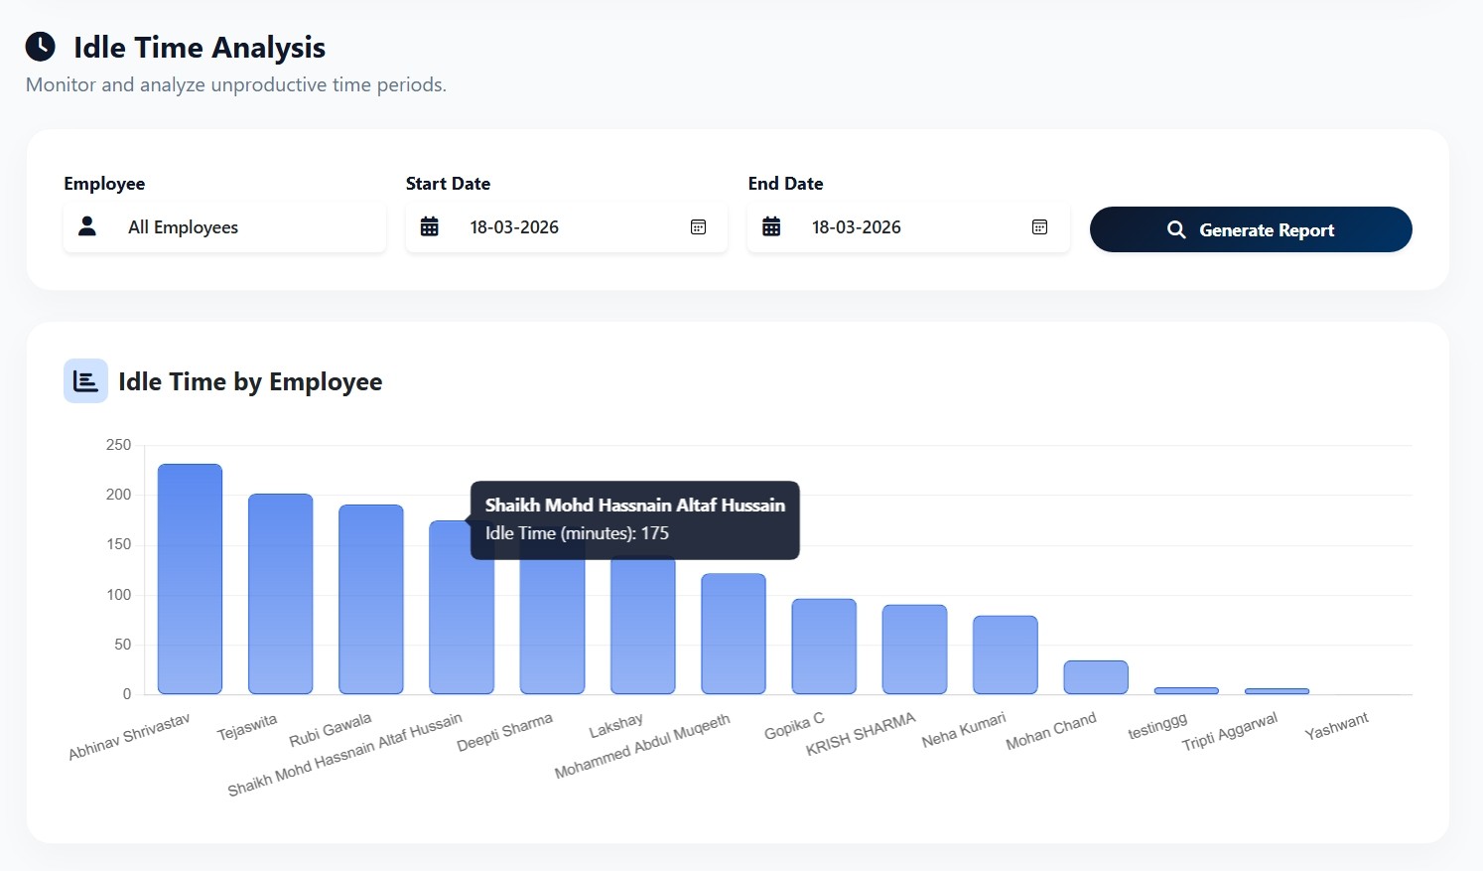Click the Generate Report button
pyautogui.click(x=1250, y=229)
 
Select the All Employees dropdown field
pyautogui.click(x=224, y=227)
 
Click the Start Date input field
pyautogui.click(x=566, y=227)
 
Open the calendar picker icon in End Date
pyautogui.click(x=1039, y=227)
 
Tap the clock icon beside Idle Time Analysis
pyautogui.click(x=41, y=47)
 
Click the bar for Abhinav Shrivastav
pyautogui.click(x=190, y=579)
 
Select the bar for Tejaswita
pyautogui.click(x=280, y=594)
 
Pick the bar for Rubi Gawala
pyautogui.click(x=370, y=599)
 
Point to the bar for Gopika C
pyautogui.click(x=824, y=646)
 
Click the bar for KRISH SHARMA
pyautogui.click(x=914, y=649)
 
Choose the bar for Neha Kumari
pyautogui.click(x=1005, y=654)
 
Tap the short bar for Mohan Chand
pyautogui.click(x=1096, y=677)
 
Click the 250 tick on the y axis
pyautogui.click(x=119, y=445)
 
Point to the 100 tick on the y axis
pyautogui.click(x=119, y=595)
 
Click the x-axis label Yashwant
pyautogui.click(x=1336, y=726)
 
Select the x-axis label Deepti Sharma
pyautogui.click(x=504, y=732)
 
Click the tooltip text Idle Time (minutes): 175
pyautogui.click(x=577, y=533)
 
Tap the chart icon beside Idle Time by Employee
pyautogui.click(x=85, y=381)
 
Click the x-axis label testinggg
pyautogui.click(x=1157, y=726)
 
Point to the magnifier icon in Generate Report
pyautogui.click(x=1176, y=229)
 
